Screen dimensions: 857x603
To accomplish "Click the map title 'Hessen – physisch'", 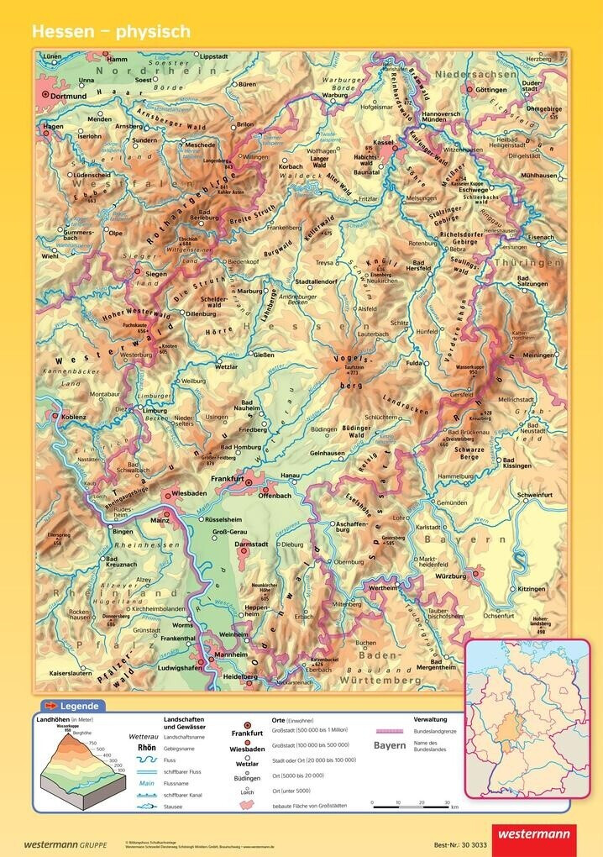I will [111, 32].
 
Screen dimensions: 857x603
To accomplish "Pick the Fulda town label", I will [413, 363].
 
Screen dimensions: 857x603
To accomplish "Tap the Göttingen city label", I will [491, 89].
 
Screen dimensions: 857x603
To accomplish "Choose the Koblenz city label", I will [74, 415].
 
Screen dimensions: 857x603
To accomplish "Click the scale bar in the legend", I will [411, 804].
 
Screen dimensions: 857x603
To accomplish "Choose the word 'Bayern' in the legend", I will [389, 745].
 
